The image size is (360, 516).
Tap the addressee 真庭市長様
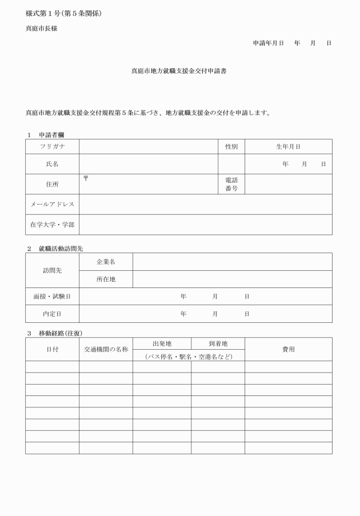(x=42, y=29)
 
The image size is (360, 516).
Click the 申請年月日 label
(x=269, y=43)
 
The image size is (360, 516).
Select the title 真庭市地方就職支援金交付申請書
(x=179, y=71)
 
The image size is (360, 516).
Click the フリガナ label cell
(x=52, y=146)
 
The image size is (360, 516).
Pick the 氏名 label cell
(x=52, y=164)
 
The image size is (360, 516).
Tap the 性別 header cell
(x=231, y=146)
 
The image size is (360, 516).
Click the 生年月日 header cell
(x=288, y=146)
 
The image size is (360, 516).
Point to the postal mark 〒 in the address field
(x=86, y=179)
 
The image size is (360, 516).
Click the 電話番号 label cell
(x=231, y=184)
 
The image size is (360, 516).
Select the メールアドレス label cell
(x=52, y=204)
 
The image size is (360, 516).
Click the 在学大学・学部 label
(x=52, y=225)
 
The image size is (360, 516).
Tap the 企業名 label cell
(x=106, y=262)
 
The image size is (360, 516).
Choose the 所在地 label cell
(x=106, y=279)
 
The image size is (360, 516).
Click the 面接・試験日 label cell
(x=52, y=297)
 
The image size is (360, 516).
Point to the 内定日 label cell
(x=52, y=314)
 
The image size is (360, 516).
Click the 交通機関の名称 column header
(x=106, y=349)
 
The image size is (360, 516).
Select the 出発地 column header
(x=162, y=343)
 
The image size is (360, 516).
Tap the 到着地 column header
(x=218, y=343)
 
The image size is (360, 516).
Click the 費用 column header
(x=288, y=349)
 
